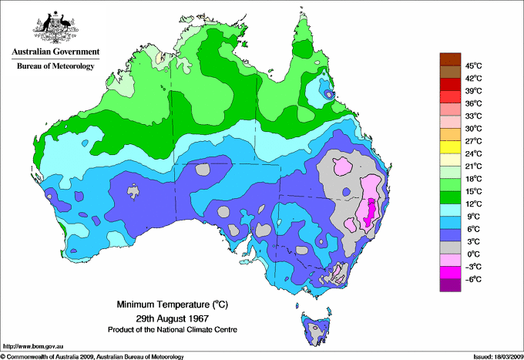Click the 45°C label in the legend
[472, 66]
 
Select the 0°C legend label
[472, 254]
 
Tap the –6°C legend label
[472, 279]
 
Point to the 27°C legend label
[472, 141]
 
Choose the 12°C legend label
[472, 204]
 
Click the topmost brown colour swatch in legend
[448, 59]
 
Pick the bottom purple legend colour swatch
[448, 285]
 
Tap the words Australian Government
[55, 52]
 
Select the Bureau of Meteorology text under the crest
[55, 66]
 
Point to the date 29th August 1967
[173, 318]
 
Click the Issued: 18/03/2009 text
[495, 356]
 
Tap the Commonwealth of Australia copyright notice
[92, 356]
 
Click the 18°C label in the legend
[472, 179]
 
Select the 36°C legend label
[472, 103]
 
